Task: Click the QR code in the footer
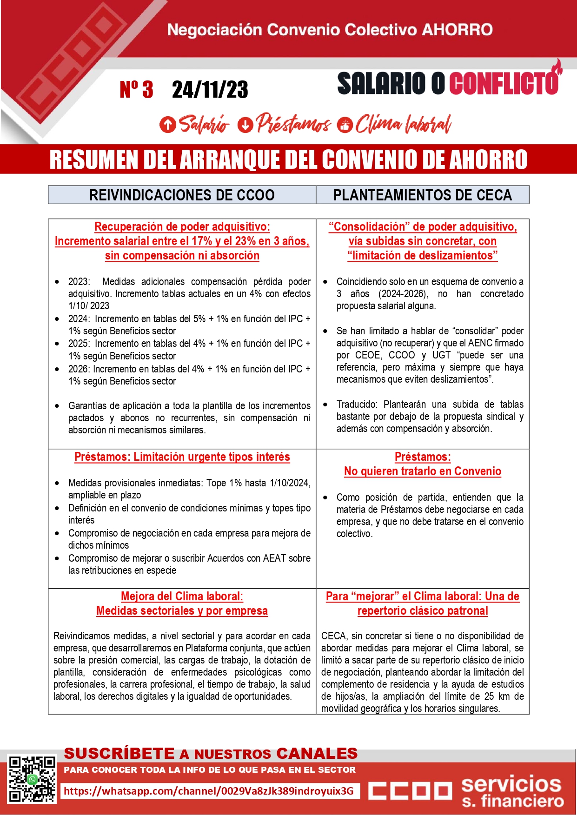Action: (32, 779)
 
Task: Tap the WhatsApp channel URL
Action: (209, 791)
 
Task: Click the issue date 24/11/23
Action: (210, 90)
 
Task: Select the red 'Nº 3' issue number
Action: (136, 90)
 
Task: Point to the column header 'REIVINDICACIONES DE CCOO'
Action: (182, 195)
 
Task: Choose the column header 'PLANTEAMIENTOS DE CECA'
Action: (422, 195)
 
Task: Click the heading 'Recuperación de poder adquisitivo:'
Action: (182, 227)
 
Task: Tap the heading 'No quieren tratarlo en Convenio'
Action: (422, 471)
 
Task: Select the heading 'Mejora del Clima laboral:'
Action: (182, 597)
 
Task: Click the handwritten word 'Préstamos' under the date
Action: (293, 124)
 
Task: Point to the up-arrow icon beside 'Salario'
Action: (167, 125)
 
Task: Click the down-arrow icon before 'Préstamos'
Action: (245, 125)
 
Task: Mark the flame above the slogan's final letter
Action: (557, 67)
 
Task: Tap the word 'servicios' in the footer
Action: (511, 784)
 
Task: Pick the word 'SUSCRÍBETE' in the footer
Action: (119, 753)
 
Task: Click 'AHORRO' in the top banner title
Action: (457, 30)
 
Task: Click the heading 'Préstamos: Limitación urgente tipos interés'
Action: (182, 457)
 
